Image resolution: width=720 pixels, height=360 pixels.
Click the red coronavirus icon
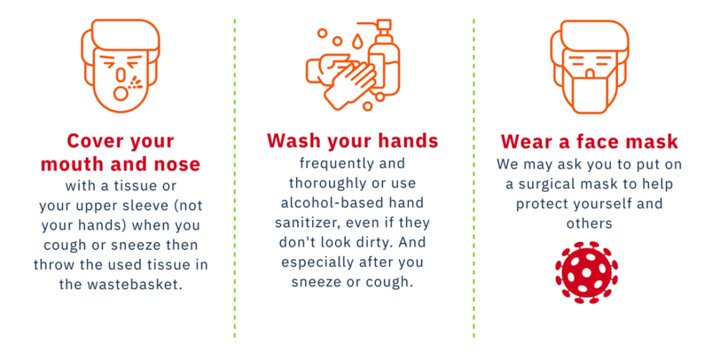[586, 272]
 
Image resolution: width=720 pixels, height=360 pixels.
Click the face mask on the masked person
[589, 94]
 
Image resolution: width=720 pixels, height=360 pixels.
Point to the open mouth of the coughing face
[121, 94]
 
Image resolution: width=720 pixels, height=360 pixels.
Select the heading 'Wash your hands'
[353, 141]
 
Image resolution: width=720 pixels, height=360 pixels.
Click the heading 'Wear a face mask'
[589, 141]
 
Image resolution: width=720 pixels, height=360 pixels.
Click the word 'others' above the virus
[589, 223]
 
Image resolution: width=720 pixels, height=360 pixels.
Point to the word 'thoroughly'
[325, 184]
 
